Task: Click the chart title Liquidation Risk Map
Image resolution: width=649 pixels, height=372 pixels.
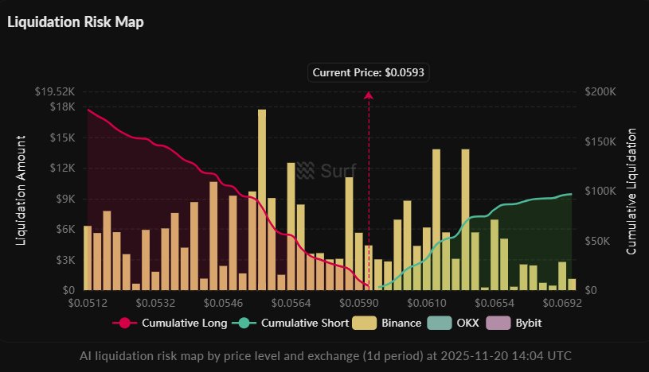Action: [x=75, y=21]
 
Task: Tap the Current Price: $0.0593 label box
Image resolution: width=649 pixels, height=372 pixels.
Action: [x=368, y=72]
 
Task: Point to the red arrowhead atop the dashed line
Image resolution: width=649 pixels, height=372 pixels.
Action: [x=369, y=95]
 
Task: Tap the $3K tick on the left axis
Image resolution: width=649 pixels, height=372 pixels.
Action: [x=64, y=260]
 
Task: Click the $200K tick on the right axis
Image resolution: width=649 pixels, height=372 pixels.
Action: [x=601, y=92]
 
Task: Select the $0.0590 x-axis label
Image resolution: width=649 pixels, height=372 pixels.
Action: [x=367, y=303]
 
